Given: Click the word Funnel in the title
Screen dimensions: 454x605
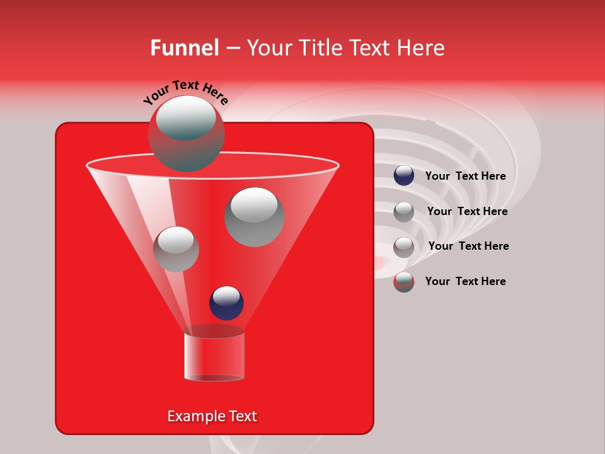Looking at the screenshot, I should (x=184, y=48).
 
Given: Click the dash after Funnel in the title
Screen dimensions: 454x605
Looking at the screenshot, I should (x=233, y=48).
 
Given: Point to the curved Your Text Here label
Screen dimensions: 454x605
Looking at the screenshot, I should (x=185, y=92).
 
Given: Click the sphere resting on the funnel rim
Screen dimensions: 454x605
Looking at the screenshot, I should (x=186, y=133).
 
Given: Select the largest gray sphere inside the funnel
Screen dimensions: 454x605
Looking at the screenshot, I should (x=255, y=217).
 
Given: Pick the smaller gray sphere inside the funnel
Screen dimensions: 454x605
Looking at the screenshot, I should (x=176, y=248).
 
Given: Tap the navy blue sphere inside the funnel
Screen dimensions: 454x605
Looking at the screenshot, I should (x=226, y=303).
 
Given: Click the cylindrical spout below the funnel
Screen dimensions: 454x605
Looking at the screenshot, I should (x=214, y=357).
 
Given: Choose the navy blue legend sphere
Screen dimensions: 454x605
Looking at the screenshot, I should (x=404, y=176).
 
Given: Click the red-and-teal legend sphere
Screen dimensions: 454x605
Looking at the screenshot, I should (x=404, y=282).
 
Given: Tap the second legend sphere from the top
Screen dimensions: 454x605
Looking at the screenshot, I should (x=404, y=211).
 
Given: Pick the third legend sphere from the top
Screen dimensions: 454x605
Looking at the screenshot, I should (x=404, y=247).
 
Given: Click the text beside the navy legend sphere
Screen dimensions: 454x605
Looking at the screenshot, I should (x=465, y=177).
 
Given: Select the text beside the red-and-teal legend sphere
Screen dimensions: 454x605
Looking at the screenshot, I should (x=465, y=281).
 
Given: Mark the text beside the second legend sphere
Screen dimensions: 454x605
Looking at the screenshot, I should (x=467, y=211).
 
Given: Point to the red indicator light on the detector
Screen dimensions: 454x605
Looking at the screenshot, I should (x=379, y=264).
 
